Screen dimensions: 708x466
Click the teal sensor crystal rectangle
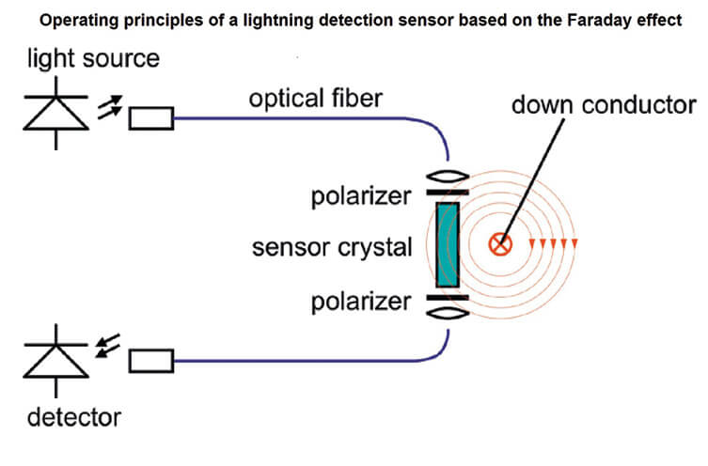(448, 244)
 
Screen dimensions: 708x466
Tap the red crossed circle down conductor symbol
(500, 244)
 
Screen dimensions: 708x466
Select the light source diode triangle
(56, 113)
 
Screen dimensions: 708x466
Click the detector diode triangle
(56, 361)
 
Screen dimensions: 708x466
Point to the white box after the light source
(151, 118)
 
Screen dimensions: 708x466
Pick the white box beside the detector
(151, 361)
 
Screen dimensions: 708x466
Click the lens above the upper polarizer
(448, 176)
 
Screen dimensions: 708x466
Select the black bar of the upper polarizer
(448, 193)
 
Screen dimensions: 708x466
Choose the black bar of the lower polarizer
(448, 298)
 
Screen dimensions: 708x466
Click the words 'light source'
(93, 59)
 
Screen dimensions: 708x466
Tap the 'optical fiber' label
(316, 99)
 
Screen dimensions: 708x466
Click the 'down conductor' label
(604, 104)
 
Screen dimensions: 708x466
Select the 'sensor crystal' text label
(332, 248)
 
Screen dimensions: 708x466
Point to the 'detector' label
(74, 418)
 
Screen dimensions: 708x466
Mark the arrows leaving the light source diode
(110, 107)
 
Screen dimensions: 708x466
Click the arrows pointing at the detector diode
(107, 346)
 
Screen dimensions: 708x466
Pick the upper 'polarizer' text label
(361, 196)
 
